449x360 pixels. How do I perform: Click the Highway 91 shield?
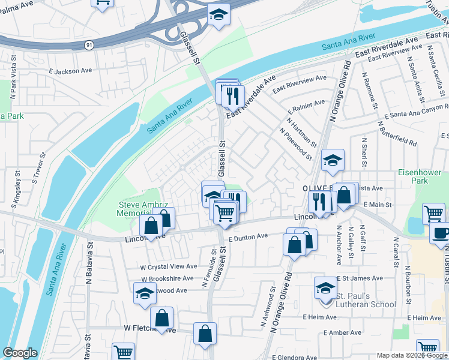89,45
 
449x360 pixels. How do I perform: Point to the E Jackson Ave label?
71,71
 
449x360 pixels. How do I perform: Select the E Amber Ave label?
342,332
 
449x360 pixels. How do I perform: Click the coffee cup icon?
441,233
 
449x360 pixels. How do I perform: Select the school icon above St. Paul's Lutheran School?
325,288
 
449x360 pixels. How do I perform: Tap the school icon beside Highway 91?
218,14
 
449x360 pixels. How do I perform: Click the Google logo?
20,353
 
